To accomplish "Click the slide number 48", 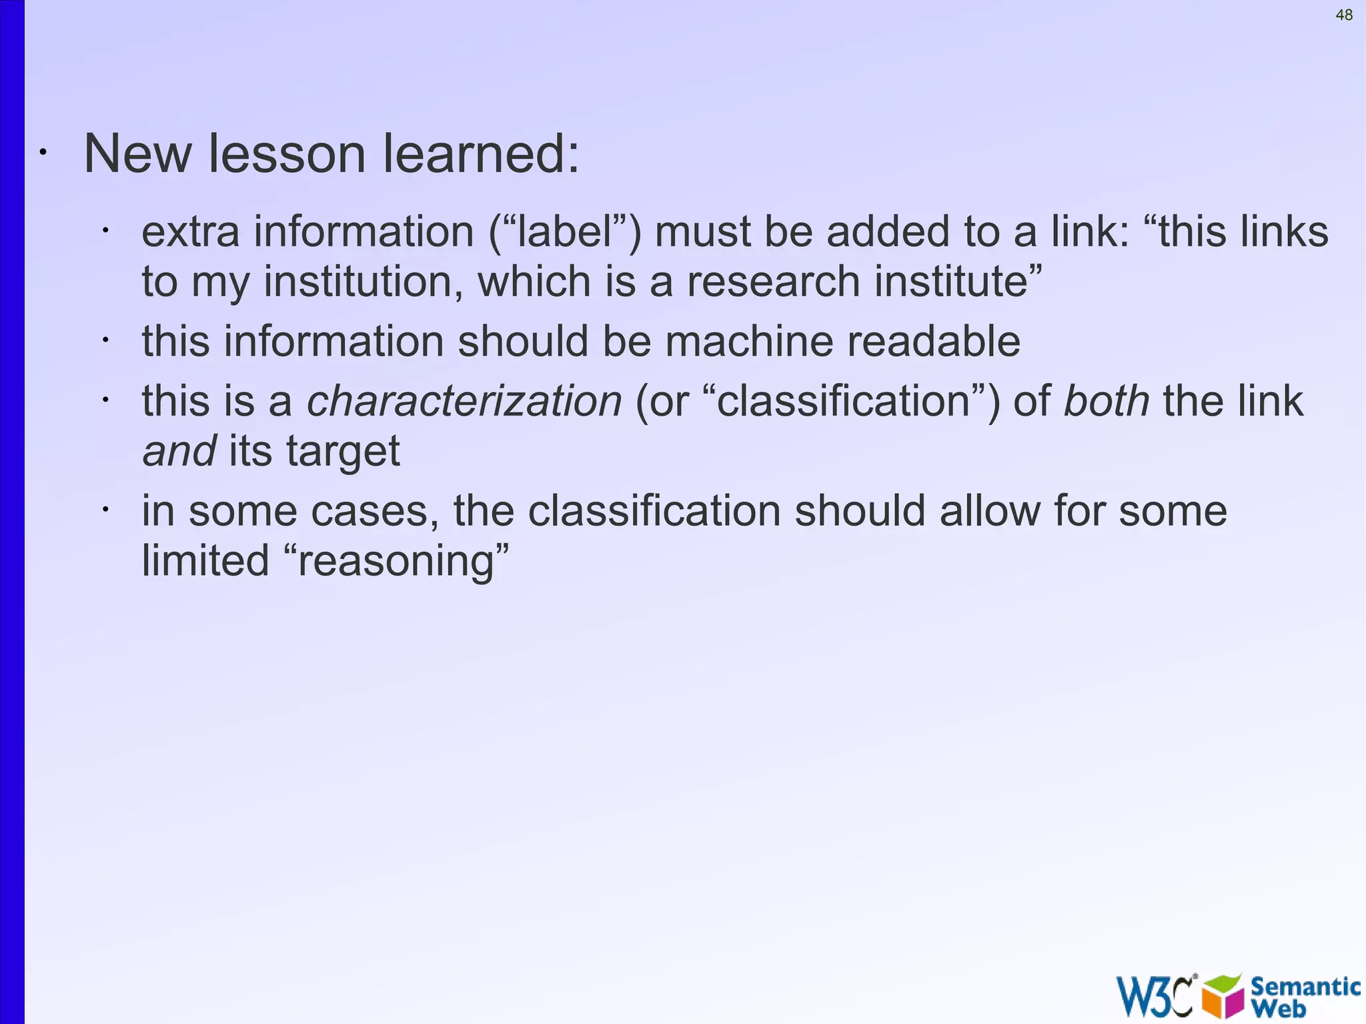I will (1344, 15).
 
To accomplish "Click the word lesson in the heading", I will (287, 154).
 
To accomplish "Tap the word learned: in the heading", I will (481, 154).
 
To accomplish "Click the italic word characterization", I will (464, 402).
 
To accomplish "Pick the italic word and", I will (179, 452).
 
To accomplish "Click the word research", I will (774, 282).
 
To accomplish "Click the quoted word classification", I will (844, 402).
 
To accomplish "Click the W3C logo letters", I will (1155, 996).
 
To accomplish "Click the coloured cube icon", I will (1223, 996).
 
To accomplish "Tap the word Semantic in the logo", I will (1305, 986).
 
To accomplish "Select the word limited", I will (205, 560).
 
